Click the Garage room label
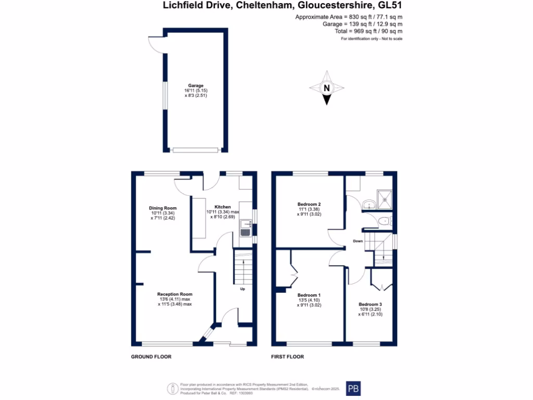pyautogui.click(x=196, y=85)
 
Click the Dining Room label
pyautogui.click(x=163, y=208)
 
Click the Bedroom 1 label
pyautogui.click(x=309, y=295)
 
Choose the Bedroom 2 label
pyautogui.click(x=309, y=204)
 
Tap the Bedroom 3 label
pyautogui.click(x=370, y=304)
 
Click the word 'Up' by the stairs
pyautogui.click(x=242, y=289)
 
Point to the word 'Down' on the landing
pyautogui.click(x=358, y=241)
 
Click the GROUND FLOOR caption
pyautogui.click(x=151, y=357)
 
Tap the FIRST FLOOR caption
pyautogui.click(x=287, y=357)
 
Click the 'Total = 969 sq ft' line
pyautogui.click(x=369, y=31)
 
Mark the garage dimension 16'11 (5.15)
pyautogui.click(x=196, y=91)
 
